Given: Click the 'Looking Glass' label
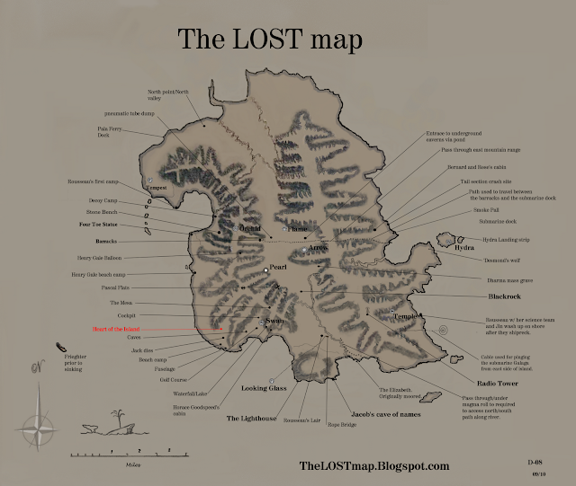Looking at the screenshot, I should (x=264, y=388).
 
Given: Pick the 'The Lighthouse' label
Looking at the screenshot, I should (x=253, y=419).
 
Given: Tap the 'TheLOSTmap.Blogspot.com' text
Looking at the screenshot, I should (x=373, y=465).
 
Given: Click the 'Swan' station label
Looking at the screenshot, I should (x=275, y=321).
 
